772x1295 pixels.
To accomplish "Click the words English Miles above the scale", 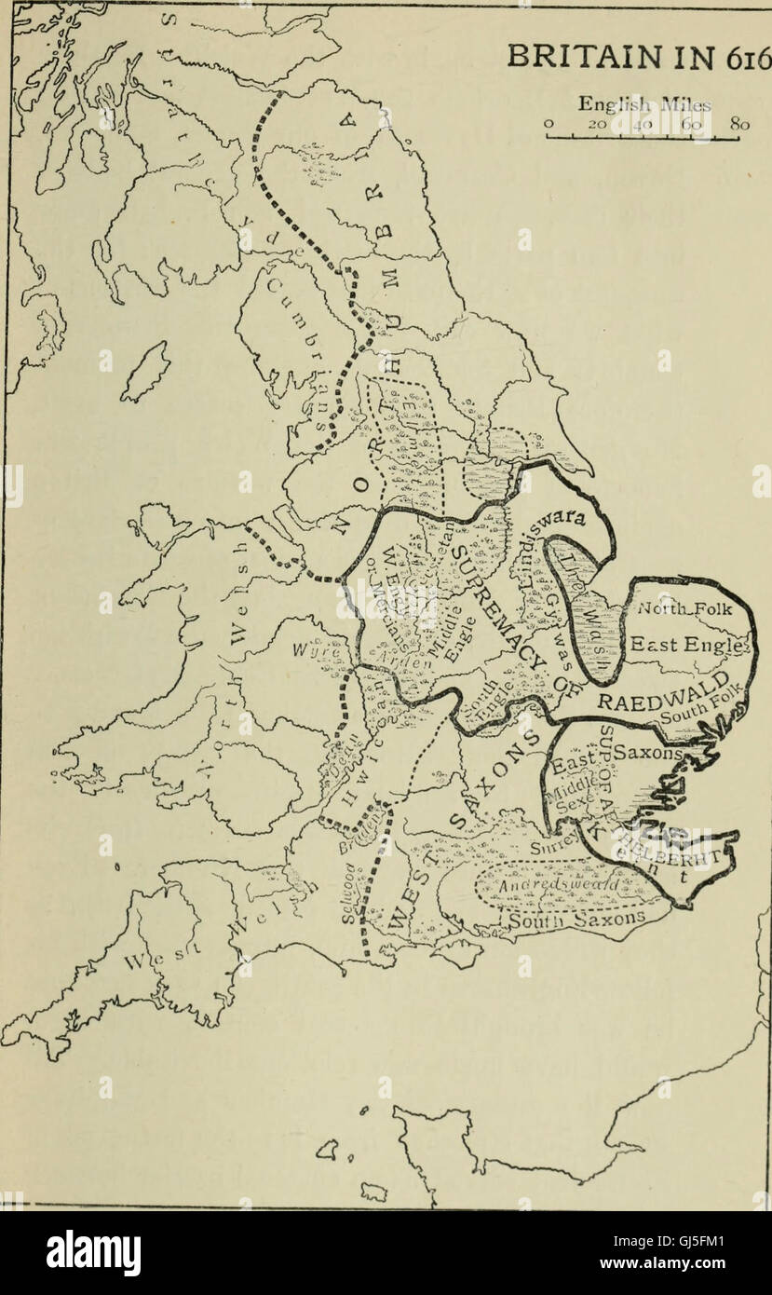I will (x=643, y=104).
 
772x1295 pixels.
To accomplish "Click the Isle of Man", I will (x=145, y=371).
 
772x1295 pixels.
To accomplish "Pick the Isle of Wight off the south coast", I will (x=460, y=953).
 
